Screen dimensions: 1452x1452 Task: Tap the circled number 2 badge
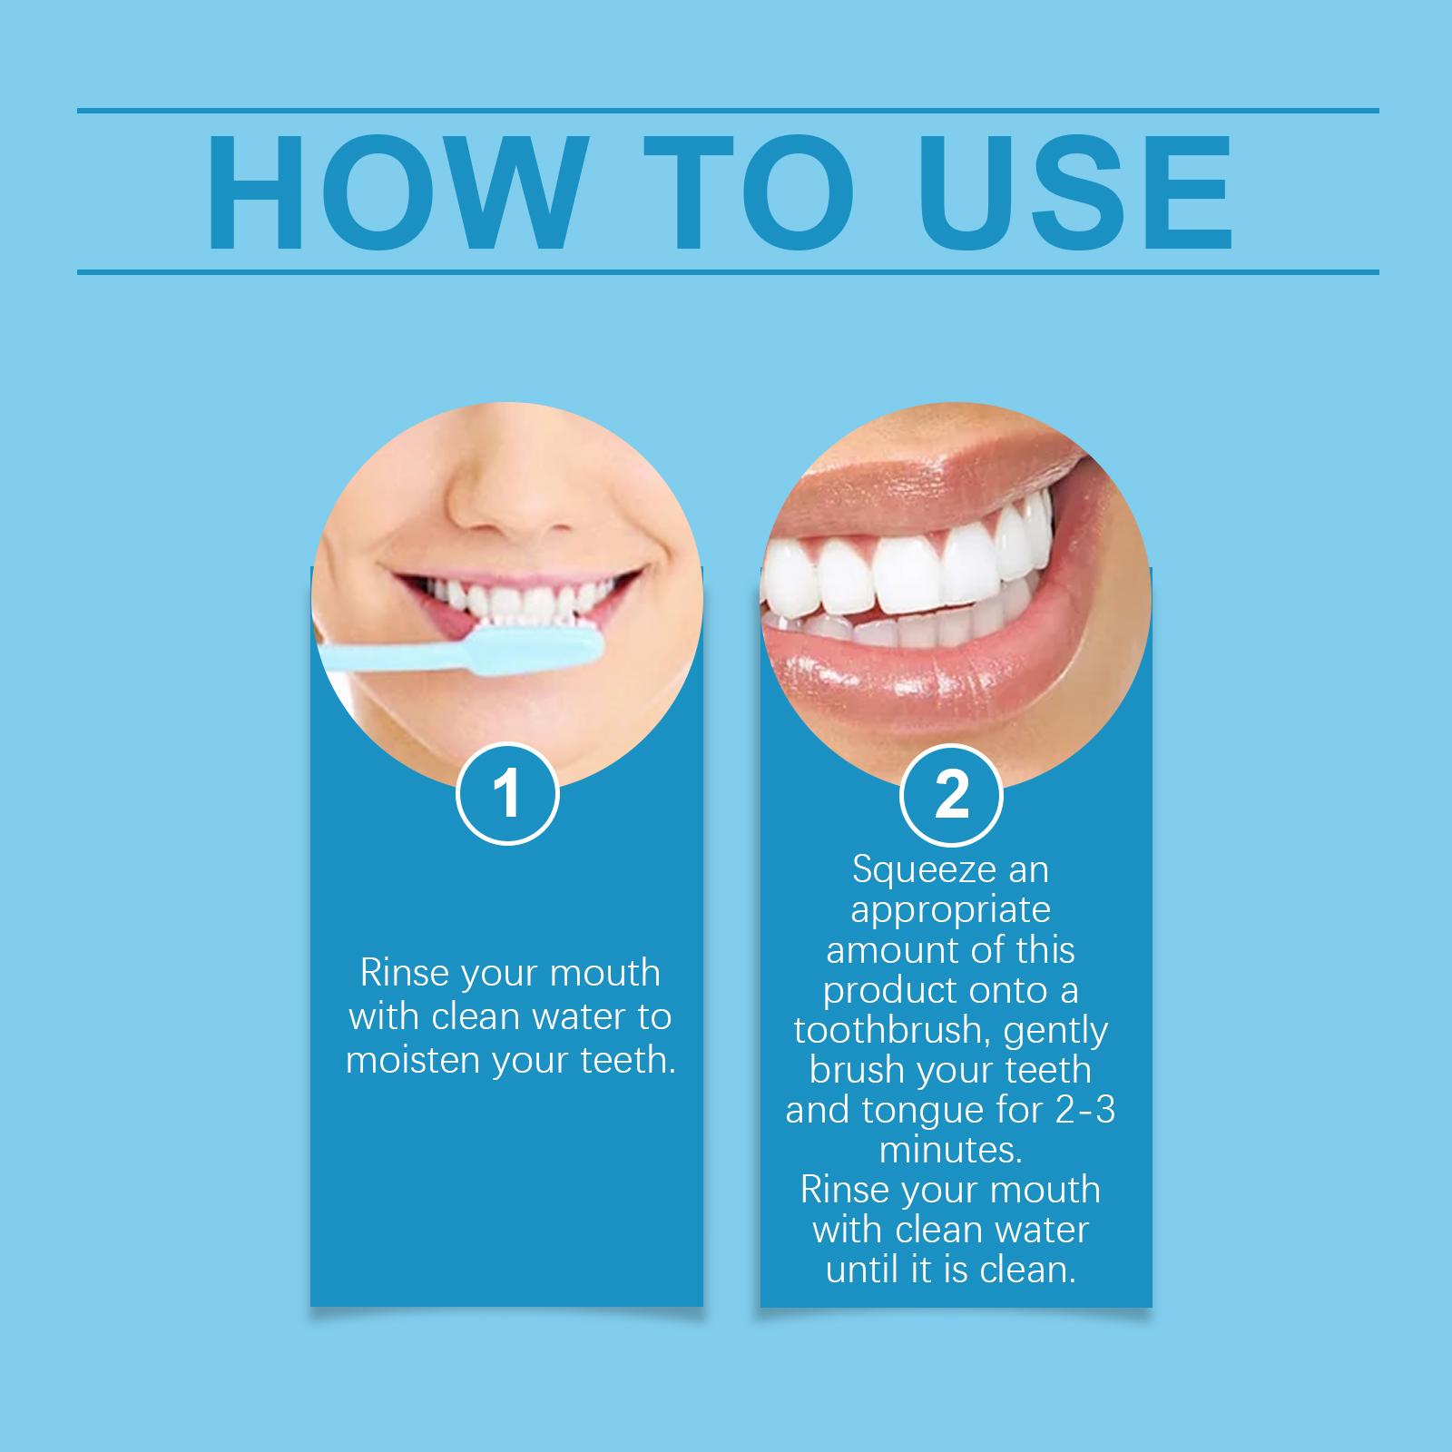[951, 796]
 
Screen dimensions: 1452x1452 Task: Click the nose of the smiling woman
[508, 490]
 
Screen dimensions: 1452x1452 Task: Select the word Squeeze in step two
[917, 870]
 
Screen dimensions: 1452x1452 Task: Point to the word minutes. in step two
[951, 1150]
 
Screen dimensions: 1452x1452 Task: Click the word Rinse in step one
[403, 973]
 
